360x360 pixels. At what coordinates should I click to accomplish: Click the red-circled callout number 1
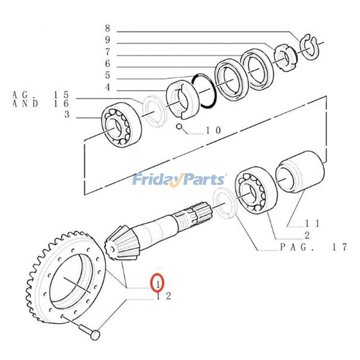pyautogui.click(x=158, y=283)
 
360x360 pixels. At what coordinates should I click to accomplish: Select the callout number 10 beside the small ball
pyautogui.click(x=213, y=130)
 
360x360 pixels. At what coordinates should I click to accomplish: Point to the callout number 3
pyautogui.click(x=67, y=115)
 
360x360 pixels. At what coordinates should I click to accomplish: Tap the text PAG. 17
pyautogui.click(x=313, y=247)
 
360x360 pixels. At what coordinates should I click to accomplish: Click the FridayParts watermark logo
pyautogui.click(x=179, y=180)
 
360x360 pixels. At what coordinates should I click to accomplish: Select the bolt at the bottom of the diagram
pyautogui.click(x=90, y=330)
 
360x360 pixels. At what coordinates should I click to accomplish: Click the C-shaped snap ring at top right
pyautogui.click(x=309, y=46)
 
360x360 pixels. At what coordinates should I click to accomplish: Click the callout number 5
pyautogui.click(x=108, y=75)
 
